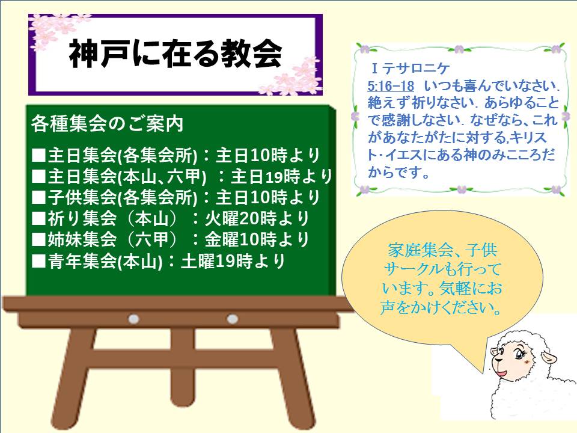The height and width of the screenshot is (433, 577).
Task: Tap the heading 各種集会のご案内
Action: [x=107, y=124]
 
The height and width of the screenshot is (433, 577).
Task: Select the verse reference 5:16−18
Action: [x=391, y=86]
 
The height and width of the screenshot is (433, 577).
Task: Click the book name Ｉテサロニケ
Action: [x=410, y=69]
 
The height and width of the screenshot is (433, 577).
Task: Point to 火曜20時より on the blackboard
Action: [x=257, y=219]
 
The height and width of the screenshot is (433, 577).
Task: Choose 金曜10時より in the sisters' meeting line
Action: [x=257, y=240]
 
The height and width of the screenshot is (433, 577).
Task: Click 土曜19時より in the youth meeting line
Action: [x=233, y=261]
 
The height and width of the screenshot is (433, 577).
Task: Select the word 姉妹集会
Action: [x=82, y=240]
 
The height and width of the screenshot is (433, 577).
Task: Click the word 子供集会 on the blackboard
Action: [x=82, y=197]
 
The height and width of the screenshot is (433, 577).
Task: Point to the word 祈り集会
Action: [x=82, y=219]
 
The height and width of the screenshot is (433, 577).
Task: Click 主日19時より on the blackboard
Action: [x=281, y=177]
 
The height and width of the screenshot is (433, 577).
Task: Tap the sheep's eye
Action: [x=519, y=355]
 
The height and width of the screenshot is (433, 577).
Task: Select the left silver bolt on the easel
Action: [x=133, y=319]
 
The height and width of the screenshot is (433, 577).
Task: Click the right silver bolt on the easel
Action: [x=232, y=319]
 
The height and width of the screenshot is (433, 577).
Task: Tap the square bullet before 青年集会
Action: [x=38, y=262]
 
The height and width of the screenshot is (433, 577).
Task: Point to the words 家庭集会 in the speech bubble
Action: [x=420, y=250]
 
